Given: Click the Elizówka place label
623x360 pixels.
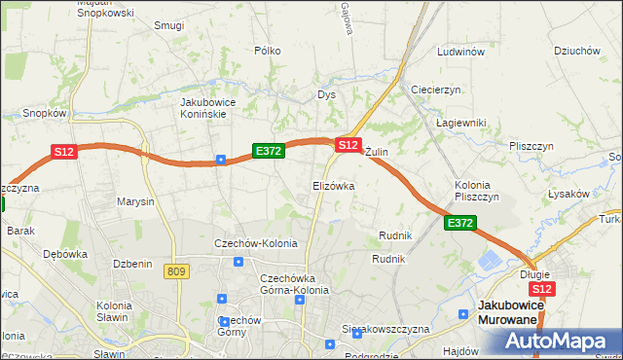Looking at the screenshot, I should click(x=333, y=185).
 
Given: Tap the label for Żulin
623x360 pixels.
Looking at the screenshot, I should click(x=377, y=153).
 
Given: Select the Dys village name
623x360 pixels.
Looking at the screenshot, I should click(x=326, y=94).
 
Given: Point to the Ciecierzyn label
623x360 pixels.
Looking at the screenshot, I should click(x=436, y=90).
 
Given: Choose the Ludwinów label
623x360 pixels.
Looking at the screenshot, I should click(x=461, y=52).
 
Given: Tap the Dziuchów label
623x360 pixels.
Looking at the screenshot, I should click(x=574, y=51).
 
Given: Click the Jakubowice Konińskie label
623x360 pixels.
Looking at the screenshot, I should click(x=217, y=107).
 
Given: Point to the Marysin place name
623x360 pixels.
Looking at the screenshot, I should click(x=135, y=202).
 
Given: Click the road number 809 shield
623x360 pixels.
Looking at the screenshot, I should click(x=175, y=271).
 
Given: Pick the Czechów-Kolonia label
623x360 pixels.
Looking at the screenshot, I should click(x=255, y=243).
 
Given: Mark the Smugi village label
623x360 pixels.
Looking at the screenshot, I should click(x=168, y=25).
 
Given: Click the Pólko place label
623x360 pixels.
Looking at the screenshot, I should click(x=267, y=51).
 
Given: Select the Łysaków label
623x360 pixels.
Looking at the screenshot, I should click(x=568, y=194).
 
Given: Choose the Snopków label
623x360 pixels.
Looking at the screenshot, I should click(x=44, y=113).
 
